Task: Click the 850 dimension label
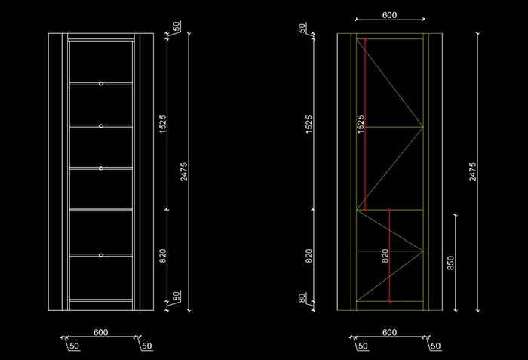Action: click(450, 263)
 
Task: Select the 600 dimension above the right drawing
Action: click(389, 15)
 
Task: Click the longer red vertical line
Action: click(365, 125)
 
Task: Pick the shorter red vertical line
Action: click(389, 256)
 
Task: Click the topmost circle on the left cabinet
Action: click(101, 83)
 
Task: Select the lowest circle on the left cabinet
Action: click(101, 255)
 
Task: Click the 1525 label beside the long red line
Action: click(360, 124)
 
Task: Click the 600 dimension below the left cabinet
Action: click(101, 332)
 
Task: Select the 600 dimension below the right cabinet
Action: click(389, 332)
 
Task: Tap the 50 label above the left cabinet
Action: click(176, 27)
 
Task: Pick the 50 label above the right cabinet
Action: click(302, 29)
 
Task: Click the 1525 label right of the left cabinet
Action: click(164, 125)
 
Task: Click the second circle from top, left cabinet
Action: click(101, 125)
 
